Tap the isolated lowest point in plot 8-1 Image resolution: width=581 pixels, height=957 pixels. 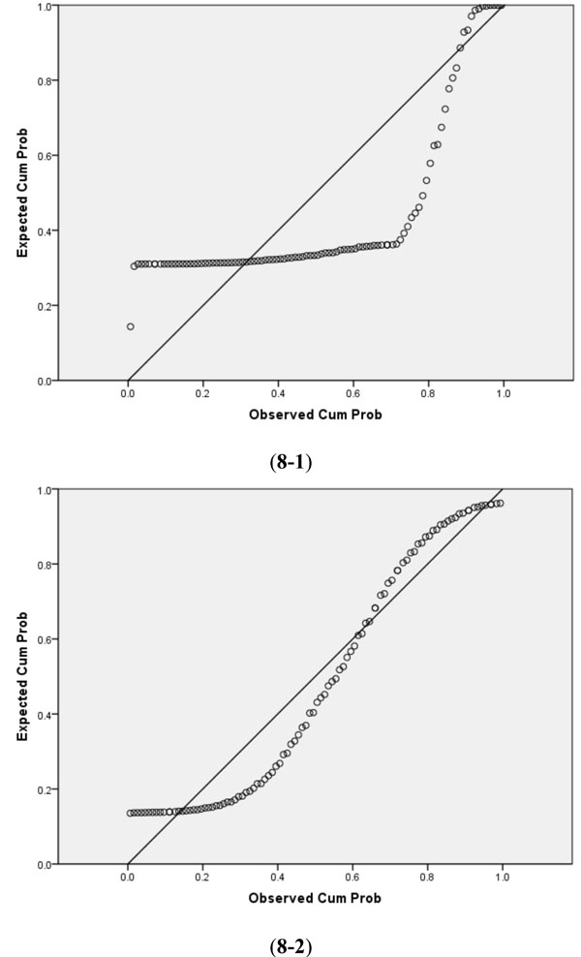pos(130,326)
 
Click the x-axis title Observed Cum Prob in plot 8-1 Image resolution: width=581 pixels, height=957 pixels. pos(316,415)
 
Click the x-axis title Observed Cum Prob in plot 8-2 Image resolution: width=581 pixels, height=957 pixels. pos(316,898)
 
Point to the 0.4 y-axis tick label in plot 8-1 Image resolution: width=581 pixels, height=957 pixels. pos(43,231)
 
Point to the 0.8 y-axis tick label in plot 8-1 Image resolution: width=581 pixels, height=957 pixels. pos(43,80)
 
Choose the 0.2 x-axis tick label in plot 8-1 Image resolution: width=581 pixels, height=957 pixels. pos(203,395)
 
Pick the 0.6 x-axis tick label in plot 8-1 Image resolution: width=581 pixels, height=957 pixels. pos(353,395)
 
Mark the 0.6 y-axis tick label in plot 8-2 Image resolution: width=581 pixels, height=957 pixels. pos(43,639)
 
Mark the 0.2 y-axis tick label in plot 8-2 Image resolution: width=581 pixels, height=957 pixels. pos(43,789)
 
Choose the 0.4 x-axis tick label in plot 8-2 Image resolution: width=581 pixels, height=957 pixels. pos(279,879)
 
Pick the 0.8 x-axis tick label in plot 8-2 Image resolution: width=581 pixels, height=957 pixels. pos(428,879)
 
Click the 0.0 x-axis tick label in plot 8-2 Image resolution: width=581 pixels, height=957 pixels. pos(129,879)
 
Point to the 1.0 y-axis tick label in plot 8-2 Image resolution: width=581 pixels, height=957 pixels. pos(43,490)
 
